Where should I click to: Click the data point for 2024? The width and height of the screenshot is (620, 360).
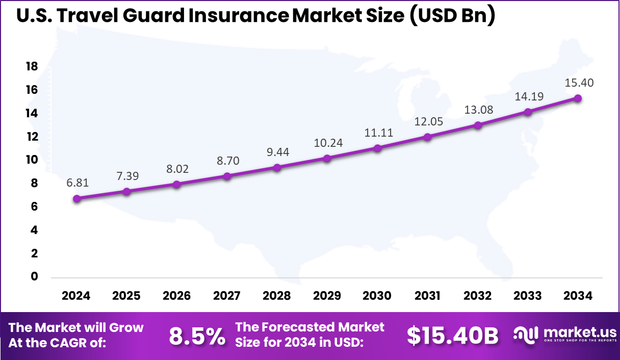click(76, 199)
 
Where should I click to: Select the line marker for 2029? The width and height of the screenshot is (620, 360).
click(327, 158)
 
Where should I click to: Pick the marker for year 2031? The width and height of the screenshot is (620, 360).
click(427, 137)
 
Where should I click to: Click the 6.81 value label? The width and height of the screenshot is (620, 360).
click(76, 183)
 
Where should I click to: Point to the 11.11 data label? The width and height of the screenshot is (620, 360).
click(377, 133)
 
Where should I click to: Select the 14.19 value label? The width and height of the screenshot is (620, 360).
click(528, 96)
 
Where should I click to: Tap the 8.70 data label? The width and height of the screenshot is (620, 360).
click(227, 161)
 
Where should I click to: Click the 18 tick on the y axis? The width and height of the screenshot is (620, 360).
click(32, 67)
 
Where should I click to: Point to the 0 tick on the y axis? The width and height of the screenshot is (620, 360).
click(35, 277)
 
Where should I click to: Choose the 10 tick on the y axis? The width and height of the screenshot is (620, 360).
click(32, 160)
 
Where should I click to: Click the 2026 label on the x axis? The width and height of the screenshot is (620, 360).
click(176, 296)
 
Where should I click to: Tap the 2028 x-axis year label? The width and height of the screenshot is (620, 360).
click(277, 296)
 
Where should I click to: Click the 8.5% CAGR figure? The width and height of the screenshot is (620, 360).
click(197, 336)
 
